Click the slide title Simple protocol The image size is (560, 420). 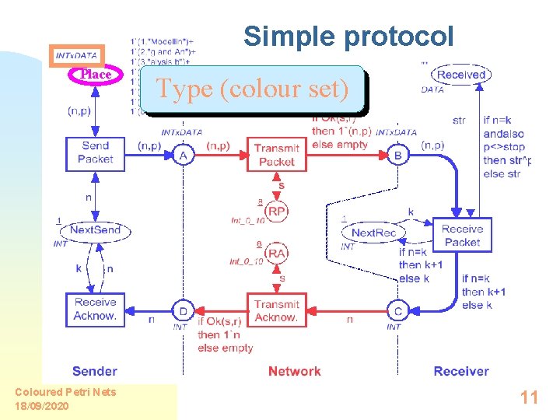point(348,36)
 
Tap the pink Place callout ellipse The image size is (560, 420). point(96,75)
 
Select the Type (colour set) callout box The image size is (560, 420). point(253,89)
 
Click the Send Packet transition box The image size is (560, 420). point(95,152)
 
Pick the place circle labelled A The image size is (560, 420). point(184,156)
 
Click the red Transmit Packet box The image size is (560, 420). point(276,155)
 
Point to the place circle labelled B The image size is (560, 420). point(398,156)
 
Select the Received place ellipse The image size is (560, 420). point(461,75)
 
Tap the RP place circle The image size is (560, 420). point(276,210)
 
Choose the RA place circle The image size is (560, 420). point(276,253)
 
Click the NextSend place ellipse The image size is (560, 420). point(96,230)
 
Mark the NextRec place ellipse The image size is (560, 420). point(374,233)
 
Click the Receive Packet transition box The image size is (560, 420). point(462,235)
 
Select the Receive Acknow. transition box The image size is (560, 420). point(95,309)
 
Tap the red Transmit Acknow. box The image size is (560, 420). point(276,310)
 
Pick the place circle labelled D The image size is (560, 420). point(183,312)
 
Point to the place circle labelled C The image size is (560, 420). point(397,312)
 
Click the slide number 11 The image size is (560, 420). point(529,398)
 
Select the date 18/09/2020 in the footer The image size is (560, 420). point(42,406)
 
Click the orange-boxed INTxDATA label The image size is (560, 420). point(76,55)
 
